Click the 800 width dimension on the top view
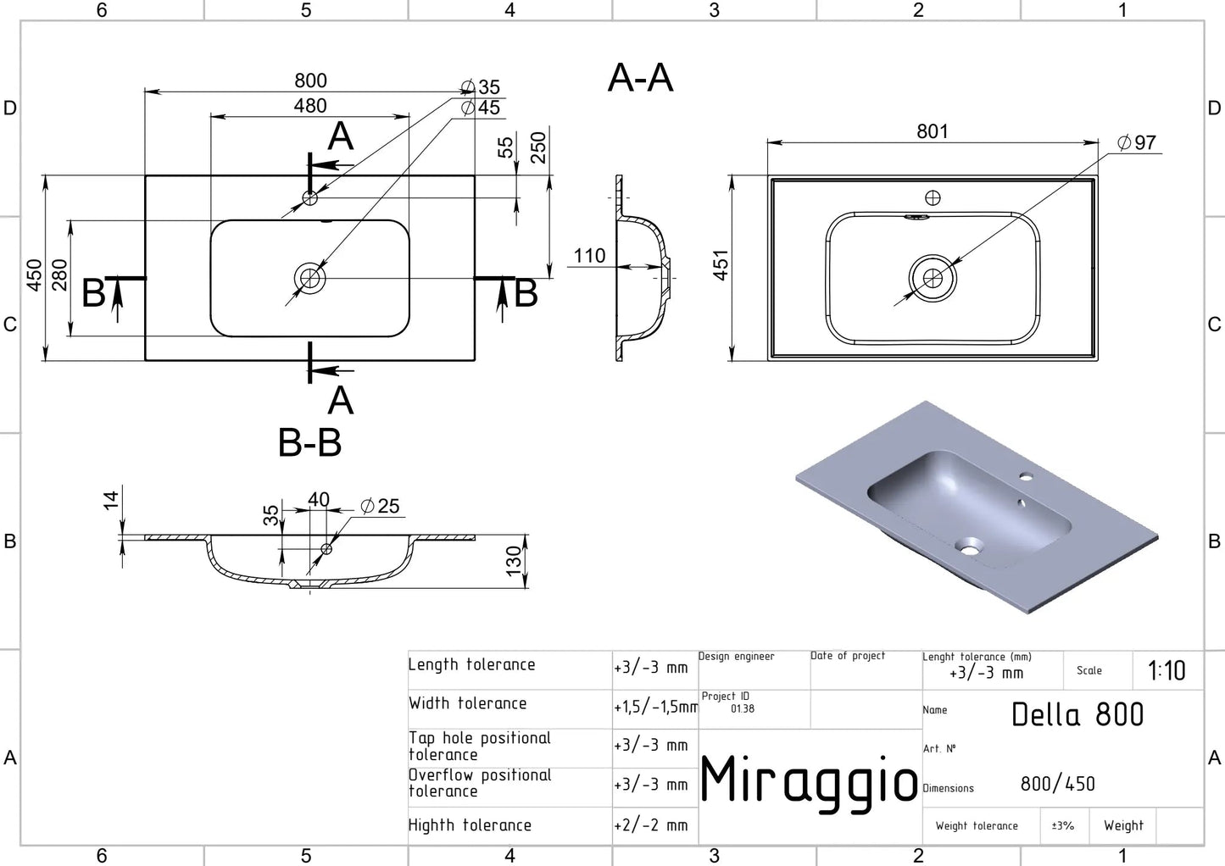click(310, 80)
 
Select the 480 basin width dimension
click(310, 106)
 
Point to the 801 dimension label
click(932, 131)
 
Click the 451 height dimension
click(721, 265)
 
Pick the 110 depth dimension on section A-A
click(589, 256)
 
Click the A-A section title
click(640, 78)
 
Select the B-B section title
click(309, 442)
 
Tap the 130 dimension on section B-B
click(514, 562)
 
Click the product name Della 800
click(1077, 714)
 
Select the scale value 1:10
click(1167, 671)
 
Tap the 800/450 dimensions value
click(1057, 784)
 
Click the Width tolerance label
click(467, 703)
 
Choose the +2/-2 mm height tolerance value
click(651, 825)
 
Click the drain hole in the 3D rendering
click(968, 547)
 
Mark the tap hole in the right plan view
click(933, 198)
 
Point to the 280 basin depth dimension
click(59, 275)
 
